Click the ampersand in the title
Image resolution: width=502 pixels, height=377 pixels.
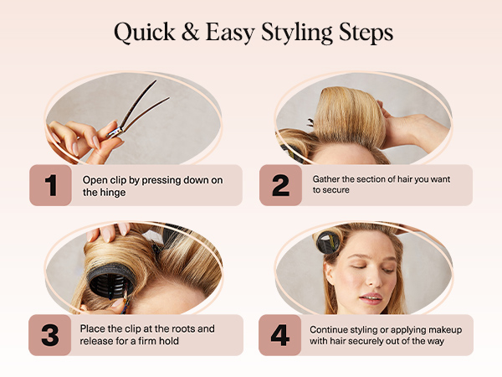click(191, 33)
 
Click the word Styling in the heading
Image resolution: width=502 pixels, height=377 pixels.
click(297, 34)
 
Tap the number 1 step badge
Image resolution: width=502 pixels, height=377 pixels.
click(50, 185)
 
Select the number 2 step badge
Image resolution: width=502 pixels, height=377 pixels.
click(281, 185)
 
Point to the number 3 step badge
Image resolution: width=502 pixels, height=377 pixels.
click(50, 335)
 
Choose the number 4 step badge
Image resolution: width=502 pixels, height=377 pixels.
click(279, 335)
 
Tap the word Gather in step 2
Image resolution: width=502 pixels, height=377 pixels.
click(323, 179)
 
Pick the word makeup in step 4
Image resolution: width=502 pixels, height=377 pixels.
click(445, 330)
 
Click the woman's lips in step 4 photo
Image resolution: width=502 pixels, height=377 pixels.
click(371, 298)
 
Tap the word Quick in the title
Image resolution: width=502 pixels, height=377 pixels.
click(145, 33)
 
